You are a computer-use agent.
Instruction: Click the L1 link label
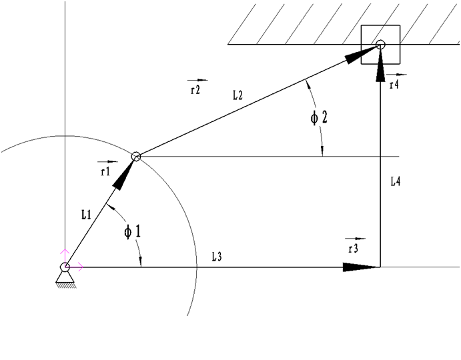[x=86, y=215]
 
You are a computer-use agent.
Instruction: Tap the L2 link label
[x=238, y=95]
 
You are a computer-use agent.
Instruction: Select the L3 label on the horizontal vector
[x=217, y=257]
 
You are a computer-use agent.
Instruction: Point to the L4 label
[x=396, y=181]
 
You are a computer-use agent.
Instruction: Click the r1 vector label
[x=105, y=171]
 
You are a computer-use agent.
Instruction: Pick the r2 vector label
[x=195, y=90]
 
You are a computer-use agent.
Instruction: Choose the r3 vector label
[x=354, y=249]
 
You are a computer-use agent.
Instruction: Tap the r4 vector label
[x=394, y=85]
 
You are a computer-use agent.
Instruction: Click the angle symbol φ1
[x=132, y=232]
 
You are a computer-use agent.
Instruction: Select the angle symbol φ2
[x=319, y=117]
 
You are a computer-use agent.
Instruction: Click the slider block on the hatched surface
[x=380, y=45]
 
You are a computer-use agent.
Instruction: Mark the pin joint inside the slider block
[x=380, y=45]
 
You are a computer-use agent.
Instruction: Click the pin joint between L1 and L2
[x=136, y=157]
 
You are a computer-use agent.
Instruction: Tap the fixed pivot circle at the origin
[x=65, y=267]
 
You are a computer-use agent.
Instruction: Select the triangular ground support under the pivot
[x=65, y=278]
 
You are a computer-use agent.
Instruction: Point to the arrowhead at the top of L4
[x=380, y=65]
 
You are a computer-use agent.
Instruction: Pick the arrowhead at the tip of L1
[x=123, y=176]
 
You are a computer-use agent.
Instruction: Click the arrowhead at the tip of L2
[x=362, y=55]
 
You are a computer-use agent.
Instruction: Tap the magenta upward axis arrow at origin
[x=65, y=258]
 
